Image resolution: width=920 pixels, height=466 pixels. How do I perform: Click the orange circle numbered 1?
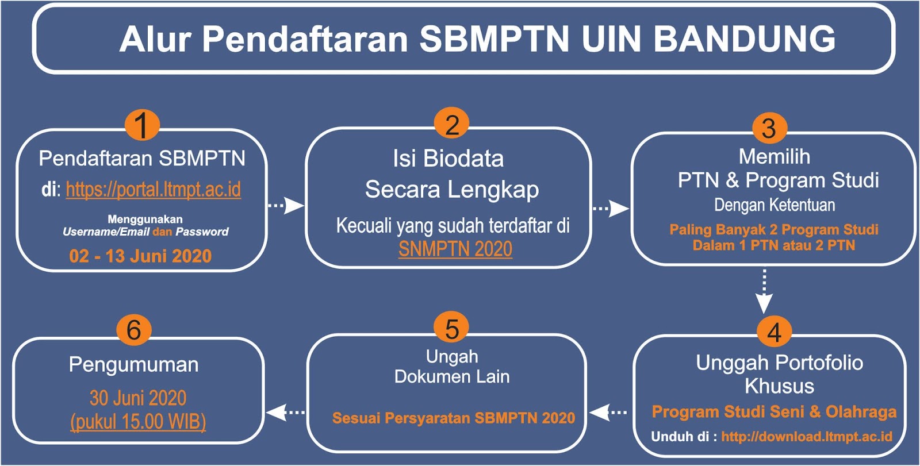[142, 125]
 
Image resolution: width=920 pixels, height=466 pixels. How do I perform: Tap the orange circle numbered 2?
[452, 124]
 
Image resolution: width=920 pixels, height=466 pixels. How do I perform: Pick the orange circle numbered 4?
[775, 332]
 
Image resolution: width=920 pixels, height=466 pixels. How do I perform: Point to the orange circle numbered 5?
[451, 328]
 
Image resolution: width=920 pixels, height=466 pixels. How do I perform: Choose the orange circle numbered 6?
[134, 330]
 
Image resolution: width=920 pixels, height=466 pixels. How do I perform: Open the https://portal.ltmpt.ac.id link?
[153, 189]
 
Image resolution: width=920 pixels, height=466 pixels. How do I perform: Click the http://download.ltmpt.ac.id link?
[807, 436]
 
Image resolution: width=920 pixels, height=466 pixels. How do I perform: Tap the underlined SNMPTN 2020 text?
[455, 249]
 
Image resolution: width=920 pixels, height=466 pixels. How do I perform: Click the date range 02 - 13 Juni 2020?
[140, 256]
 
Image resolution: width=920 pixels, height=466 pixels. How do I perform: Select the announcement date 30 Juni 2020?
[138, 398]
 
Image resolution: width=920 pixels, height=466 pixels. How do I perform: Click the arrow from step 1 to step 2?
[286, 205]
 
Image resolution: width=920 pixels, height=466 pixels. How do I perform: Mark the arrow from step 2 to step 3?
[611, 209]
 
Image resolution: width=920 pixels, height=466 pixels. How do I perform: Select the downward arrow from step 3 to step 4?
[764, 291]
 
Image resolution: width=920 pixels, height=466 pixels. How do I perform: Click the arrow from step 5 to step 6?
[286, 412]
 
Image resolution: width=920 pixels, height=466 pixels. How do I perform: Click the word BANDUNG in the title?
[744, 40]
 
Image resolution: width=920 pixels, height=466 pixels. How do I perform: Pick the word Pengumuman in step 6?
[133, 365]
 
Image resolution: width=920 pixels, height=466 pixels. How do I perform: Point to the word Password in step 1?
[202, 232]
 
